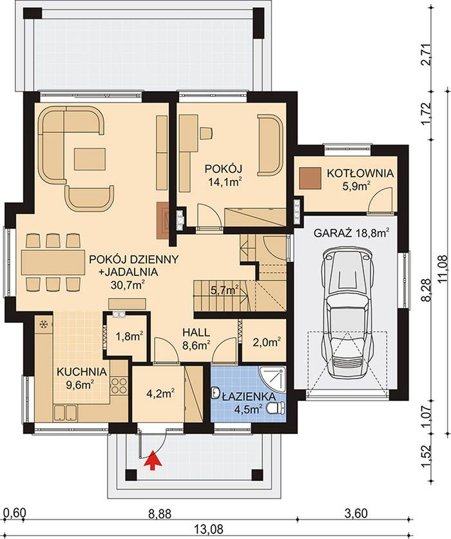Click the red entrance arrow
[153, 460]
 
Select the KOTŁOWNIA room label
[360, 173]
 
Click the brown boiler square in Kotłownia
[310, 178]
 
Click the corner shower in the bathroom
[273, 379]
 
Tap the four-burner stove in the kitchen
[119, 385]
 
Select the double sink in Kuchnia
[65, 413]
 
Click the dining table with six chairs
[53, 262]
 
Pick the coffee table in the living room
[90, 159]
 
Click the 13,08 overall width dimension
[209, 528]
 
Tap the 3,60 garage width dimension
[356, 514]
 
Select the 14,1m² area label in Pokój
[224, 182]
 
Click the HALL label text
[196, 333]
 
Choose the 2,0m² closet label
[267, 342]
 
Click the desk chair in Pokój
[206, 133]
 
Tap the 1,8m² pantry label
[129, 337]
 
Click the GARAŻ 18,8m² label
[351, 233]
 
